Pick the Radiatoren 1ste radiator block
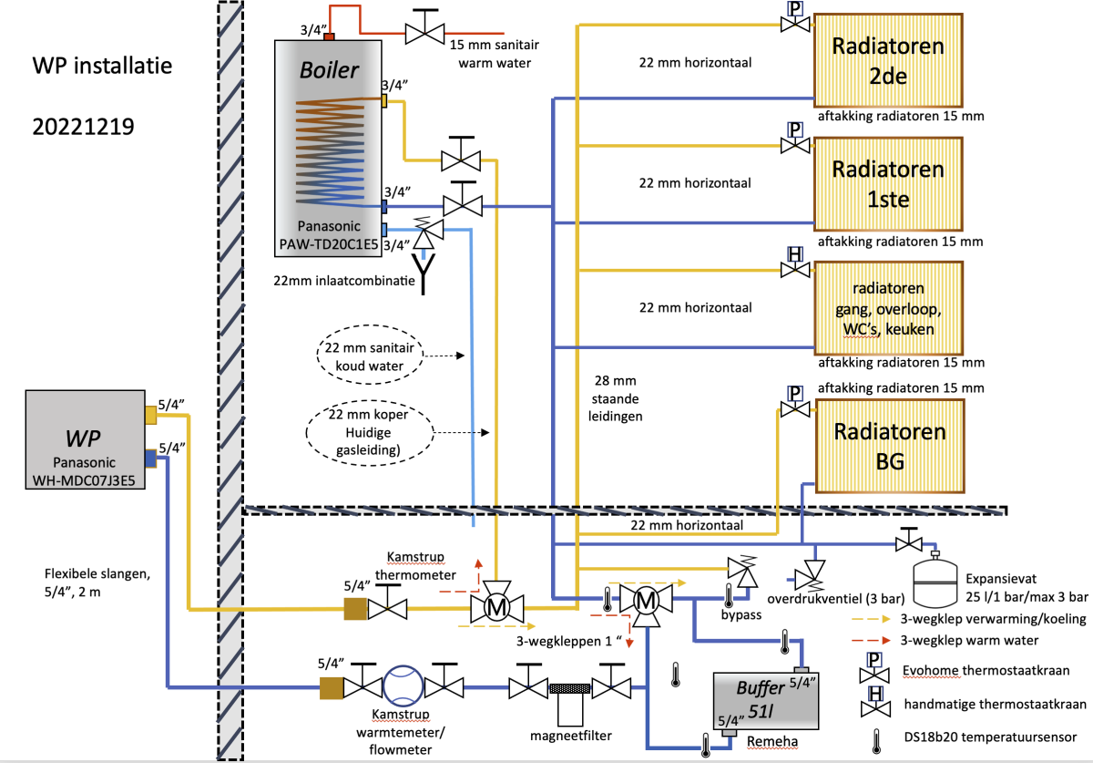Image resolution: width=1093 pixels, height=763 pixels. (x=888, y=183)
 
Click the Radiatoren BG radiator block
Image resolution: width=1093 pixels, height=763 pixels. (x=888, y=445)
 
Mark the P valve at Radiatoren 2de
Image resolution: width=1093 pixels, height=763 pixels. (x=794, y=20)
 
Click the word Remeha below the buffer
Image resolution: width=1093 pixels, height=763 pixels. (x=771, y=742)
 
